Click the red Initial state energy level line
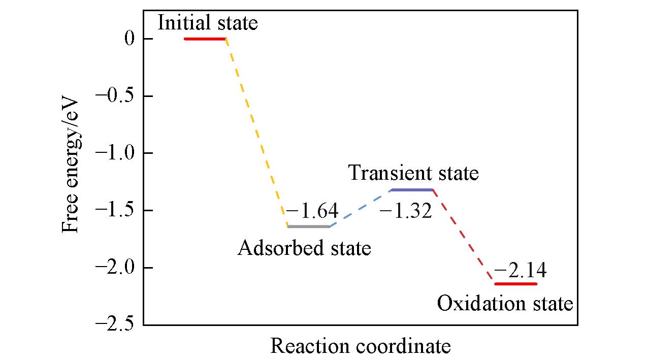205,39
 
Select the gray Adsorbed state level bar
308,226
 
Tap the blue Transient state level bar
411,190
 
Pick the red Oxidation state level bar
515,284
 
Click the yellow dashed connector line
256,132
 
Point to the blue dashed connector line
360,208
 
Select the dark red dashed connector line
463,237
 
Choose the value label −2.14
520,271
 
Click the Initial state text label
207,23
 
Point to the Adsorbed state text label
304,248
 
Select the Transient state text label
413,174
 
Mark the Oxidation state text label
505,304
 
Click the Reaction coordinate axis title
360,346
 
